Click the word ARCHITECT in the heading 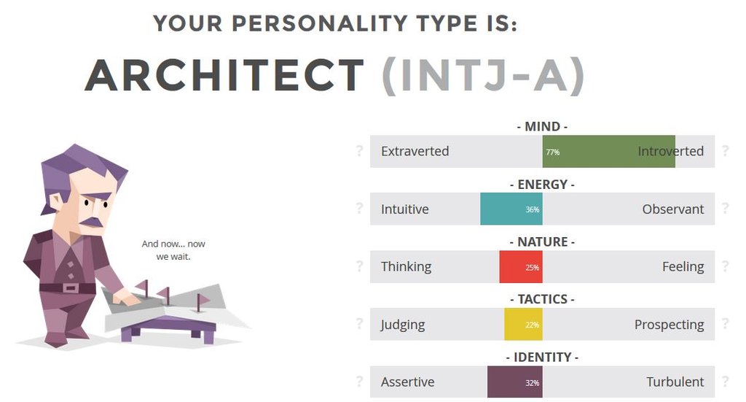tap(224, 74)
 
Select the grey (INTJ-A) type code tap(483, 75)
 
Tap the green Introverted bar tap(608, 151)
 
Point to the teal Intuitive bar tap(511, 209)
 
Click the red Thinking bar tap(521, 267)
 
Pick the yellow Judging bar tap(523, 325)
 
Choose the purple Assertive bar tap(515, 382)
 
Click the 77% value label tap(552, 152)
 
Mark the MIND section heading tap(542, 127)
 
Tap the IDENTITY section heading tap(542, 357)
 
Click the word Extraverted tap(415, 151)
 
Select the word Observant tap(672, 209)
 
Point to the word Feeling tap(683, 267)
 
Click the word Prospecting tap(669, 325)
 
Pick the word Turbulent tap(675, 382)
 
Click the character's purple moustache tap(91, 222)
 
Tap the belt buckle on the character tap(70, 288)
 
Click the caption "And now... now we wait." tap(173, 250)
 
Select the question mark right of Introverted tap(725, 151)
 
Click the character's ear tap(55, 201)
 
